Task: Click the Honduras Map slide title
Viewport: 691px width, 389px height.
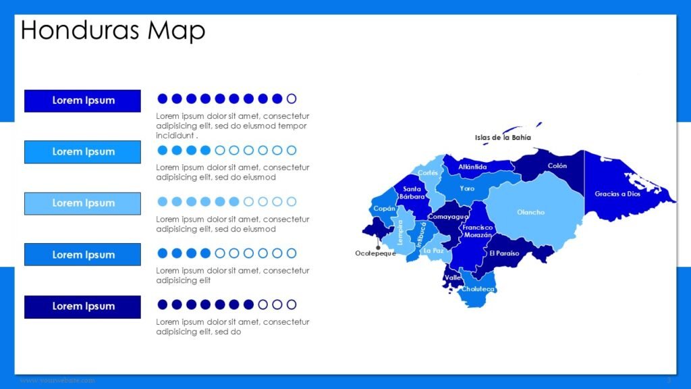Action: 113,30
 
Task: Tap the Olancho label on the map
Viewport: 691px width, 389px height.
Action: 530,212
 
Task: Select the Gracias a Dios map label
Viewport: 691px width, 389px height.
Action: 617,194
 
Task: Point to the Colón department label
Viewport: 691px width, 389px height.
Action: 557,165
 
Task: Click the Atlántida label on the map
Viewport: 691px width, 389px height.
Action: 472,167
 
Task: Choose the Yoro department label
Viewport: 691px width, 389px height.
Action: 467,188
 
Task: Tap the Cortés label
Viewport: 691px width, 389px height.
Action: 428,173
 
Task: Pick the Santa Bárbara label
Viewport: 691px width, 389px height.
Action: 412,193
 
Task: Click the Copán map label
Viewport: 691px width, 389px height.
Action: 384,209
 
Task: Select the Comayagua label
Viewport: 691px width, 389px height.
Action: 448,217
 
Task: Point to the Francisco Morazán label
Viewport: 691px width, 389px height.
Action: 477,231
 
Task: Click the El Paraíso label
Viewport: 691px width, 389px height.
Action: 505,253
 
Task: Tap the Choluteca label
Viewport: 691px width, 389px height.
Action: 478,289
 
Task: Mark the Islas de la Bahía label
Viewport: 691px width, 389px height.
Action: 503,138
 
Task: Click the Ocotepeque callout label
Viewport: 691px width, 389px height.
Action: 375,253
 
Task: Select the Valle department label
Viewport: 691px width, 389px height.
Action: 453,278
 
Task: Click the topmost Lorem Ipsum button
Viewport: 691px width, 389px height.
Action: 82,101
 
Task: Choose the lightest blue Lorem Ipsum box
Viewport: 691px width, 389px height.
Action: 82,203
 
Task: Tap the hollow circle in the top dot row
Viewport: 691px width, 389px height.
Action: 292,99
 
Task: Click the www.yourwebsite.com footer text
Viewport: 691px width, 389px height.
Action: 57,381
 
